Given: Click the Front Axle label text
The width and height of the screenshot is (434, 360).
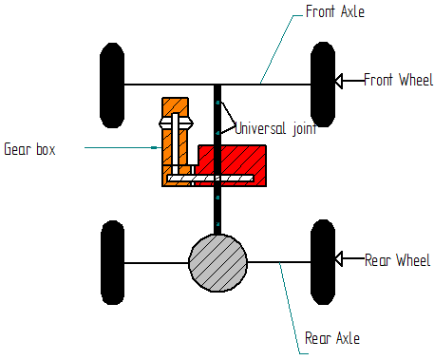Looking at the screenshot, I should [336, 11].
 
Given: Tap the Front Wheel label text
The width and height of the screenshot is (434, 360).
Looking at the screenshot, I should [398, 80].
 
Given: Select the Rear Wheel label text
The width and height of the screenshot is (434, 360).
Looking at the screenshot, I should [397, 259].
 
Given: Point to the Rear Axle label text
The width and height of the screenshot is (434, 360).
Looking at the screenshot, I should [332, 338].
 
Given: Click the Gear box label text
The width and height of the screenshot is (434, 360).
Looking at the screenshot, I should [29, 149].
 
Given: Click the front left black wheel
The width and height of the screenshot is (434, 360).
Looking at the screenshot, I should [112, 85].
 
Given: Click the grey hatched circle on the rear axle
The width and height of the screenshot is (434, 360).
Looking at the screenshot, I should [217, 261].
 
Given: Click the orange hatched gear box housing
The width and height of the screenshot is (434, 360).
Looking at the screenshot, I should [173, 152].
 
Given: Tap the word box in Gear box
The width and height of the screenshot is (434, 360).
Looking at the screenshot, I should [46, 149].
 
